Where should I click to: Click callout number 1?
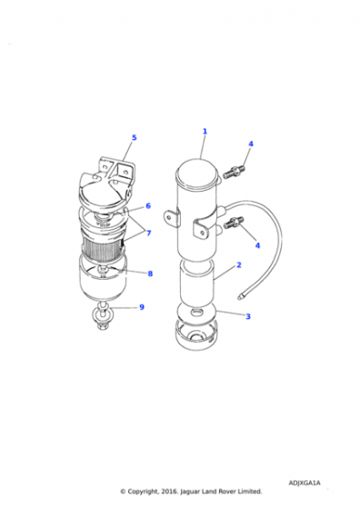(205, 132)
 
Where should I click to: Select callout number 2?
(239, 265)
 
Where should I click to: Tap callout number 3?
(248, 316)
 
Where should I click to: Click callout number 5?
(134, 137)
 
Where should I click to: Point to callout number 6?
(148, 205)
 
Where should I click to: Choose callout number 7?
(149, 233)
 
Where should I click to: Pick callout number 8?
(150, 274)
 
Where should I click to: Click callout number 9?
(142, 307)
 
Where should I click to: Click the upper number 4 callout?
(251, 144)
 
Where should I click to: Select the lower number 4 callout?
(257, 245)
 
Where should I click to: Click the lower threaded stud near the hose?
(234, 223)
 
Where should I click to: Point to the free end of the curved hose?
(240, 296)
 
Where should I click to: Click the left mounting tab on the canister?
(172, 218)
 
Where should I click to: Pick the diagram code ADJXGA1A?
(305, 483)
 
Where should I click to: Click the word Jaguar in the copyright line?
(190, 492)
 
